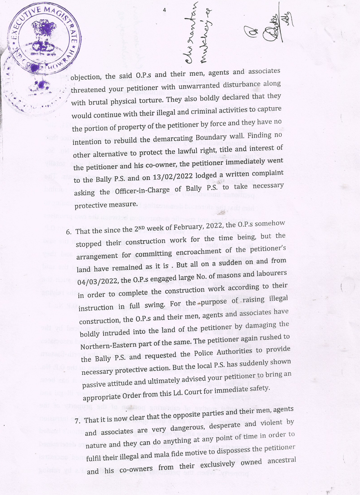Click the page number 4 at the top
(x=165, y=10)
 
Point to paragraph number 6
(x=69, y=232)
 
